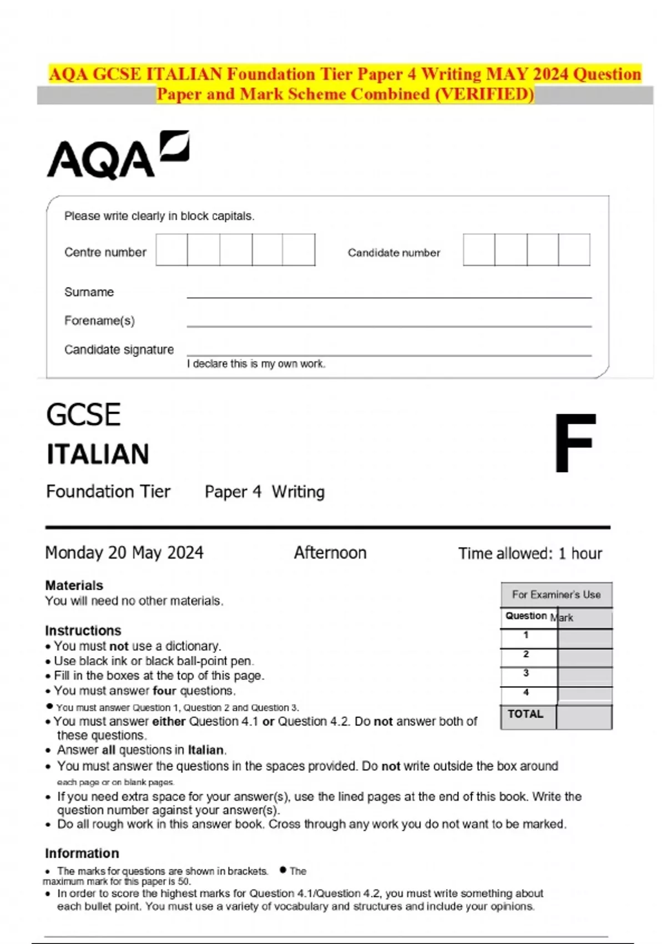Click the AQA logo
pyautogui.click(x=118, y=156)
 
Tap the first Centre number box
pyautogui.click(x=171, y=250)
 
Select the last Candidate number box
pyautogui.click(x=574, y=250)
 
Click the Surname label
pyautogui.click(x=89, y=292)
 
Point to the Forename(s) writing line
pyautogui.click(x=389, y=325)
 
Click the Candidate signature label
pyautogui.click(x=119, y=350)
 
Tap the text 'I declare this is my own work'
pyautogui.click(x=256, y=364)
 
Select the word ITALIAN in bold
pyautogui.click(x=98, y=454)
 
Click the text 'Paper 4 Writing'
pyautogui.click(x=264, y=492)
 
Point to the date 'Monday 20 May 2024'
pyautogui.click(x=124, y=553)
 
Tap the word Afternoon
pyautogui.click(x=330, y=553)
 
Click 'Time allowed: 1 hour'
pyautogui.click(x=530, y=554)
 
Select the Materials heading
pyautogui.click(x=74, y=585)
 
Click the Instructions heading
pyautogui.click(x=83, y=631)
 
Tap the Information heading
pyautogui.click(x=82, y=853)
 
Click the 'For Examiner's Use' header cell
pyautogui.click(x=556, y=595)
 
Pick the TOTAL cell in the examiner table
pyautogui.click(x=526, y=715)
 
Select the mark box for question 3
pyautogui.click(x=584, y=676)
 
